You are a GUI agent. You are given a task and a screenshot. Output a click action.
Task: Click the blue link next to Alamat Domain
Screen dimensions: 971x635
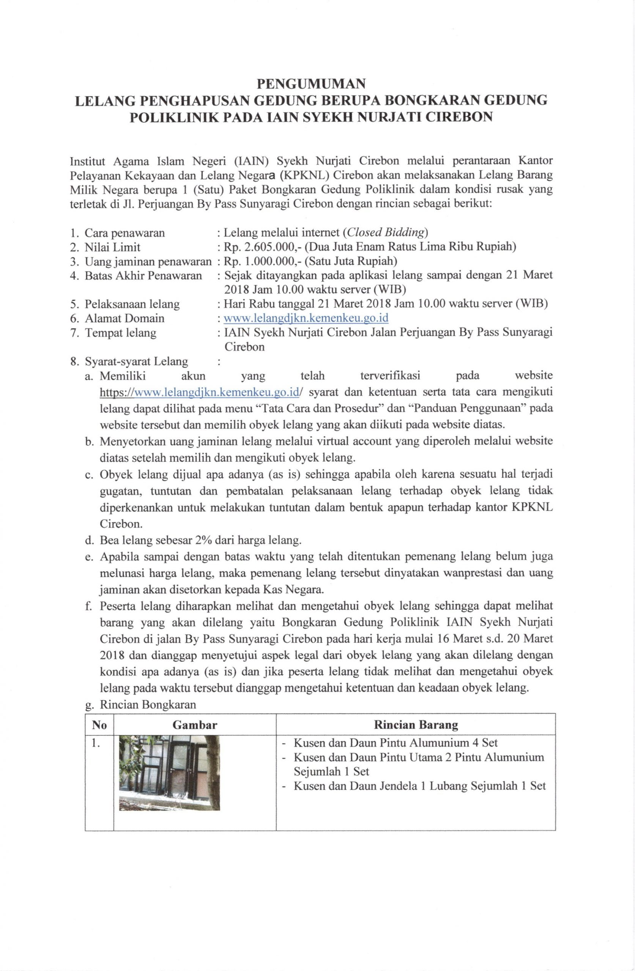coord(306,318)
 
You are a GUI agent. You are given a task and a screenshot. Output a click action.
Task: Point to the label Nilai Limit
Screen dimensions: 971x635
coord(112,247)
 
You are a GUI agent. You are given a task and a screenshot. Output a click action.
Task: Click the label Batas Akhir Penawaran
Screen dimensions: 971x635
coord(143,275)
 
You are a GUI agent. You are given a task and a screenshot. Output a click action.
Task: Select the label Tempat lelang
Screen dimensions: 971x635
coord(120,333)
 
